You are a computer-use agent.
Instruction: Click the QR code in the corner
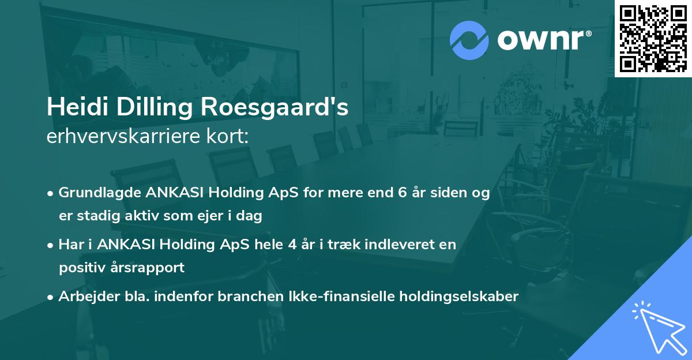(x=653, y=38)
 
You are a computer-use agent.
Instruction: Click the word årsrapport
(x=150, y=267)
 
